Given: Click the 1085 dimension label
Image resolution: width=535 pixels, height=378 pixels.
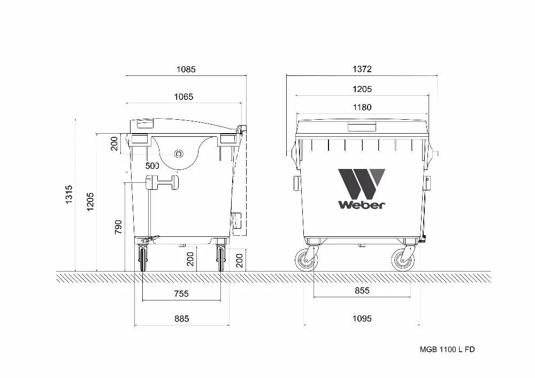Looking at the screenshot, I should pyautogui.click(x=186, y=69).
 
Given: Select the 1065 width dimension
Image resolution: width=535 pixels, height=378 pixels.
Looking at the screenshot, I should pyautogui.click(x=184, y=97).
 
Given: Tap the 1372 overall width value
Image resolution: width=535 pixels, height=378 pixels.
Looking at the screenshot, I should pyautogui.click(x=362, y=69).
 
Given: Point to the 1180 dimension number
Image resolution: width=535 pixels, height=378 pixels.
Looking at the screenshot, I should pyautogui.click(x=362, y=107).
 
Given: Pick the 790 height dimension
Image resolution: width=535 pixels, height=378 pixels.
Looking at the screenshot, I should pyautogui.click(x=118, y=227).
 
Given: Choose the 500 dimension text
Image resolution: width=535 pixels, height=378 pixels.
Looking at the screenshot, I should pyautogui.click(x=152, y=166).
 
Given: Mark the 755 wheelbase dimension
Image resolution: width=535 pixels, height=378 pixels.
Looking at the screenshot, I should pyautogui.click(x=181, y=294).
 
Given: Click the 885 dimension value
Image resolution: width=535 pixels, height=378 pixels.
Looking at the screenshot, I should pyautogui.click(x=181, y=319).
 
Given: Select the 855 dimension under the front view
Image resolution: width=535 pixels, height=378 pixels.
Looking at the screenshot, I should pyautogui.click(x=362, y=290).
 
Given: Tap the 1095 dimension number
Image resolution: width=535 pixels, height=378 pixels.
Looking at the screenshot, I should pyautogui.click(x=362, y=319).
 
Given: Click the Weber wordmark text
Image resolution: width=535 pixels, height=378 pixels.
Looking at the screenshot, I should pyautogui.click(x=361, y=204).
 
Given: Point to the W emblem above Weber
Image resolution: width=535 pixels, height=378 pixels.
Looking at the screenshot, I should pyautogui.click(x=361, y=183).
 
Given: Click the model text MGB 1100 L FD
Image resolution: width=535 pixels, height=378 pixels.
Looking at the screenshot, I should pyautogui.click(x=447, y=349).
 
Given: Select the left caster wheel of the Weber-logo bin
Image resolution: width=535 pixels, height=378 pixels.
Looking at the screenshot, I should pyautogui.click(x=307, y=260).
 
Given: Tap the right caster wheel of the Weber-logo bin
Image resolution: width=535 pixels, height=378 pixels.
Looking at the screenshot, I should pyautogui.click(x=402, y=260).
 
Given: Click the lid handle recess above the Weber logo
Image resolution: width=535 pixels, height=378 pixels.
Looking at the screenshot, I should pyautogui.click(x=362, y=126).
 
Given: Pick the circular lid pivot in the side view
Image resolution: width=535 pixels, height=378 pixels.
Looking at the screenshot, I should pyautogui.click(x=179, y=154).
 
